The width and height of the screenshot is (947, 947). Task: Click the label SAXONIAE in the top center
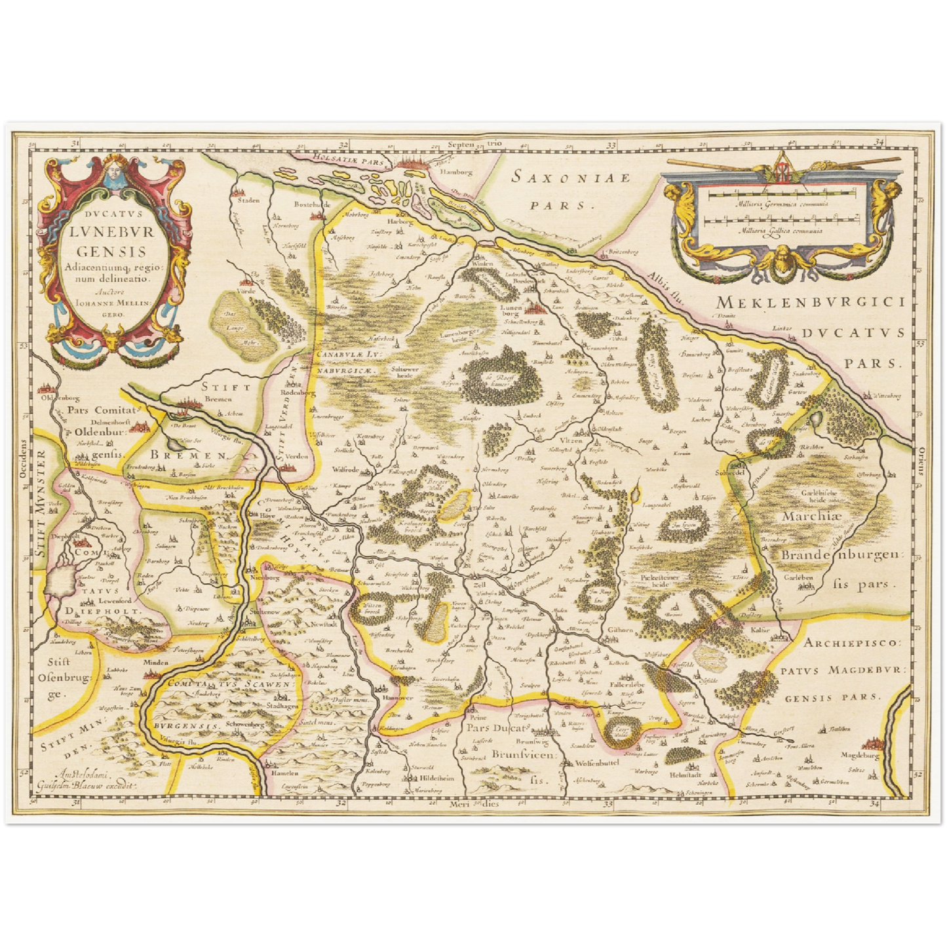[571, 178]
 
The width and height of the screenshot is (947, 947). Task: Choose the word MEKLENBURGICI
[810, 303]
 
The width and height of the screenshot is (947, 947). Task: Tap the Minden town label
[157, 663]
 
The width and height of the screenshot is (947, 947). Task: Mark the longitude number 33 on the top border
[611, 145]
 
